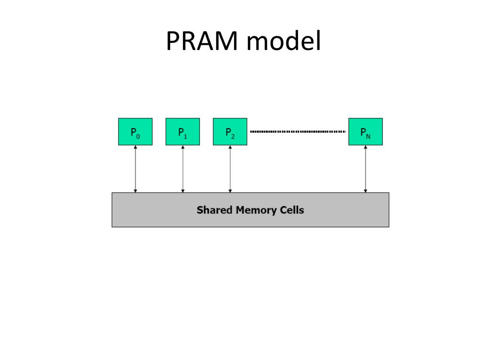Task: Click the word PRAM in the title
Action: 202,41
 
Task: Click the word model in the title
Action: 284,41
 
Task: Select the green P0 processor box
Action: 135,132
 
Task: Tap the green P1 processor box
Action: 183,132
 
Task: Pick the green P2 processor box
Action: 230,132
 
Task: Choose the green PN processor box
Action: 366,132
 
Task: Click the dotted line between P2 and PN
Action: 298,132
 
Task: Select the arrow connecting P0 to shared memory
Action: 135,169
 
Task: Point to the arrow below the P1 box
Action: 183,169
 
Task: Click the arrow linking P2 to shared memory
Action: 230,169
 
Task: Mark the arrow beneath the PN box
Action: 366,169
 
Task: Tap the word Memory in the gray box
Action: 256,210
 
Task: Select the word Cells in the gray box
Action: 291,210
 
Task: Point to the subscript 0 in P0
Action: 138,136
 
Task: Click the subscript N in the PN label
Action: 368,136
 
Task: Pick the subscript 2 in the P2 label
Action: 233,136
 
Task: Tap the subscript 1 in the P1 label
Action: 185,136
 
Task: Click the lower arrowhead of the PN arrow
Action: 366,191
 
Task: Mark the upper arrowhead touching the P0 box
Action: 135,147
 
